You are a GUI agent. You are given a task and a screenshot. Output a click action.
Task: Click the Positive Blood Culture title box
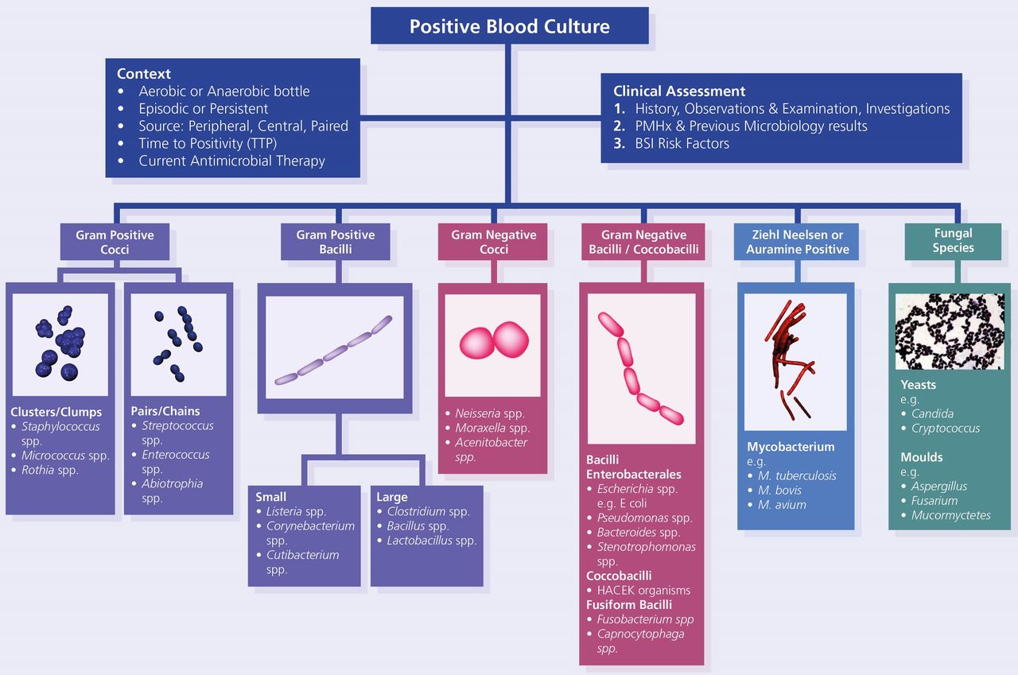click(510, 25)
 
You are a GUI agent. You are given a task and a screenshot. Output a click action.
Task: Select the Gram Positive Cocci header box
click(115, 242)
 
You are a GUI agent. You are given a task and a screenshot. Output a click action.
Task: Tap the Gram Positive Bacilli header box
click(336, 242)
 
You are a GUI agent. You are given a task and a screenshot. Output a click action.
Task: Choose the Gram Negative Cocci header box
click(492, 242)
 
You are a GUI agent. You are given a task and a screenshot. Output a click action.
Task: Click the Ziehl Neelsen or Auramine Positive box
click(796, 242)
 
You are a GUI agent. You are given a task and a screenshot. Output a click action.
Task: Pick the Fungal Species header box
click(953, 241)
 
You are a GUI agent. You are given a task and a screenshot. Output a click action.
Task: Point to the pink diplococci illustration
click(494, 340)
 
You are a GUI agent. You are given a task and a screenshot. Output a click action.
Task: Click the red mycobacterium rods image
click(791, 359)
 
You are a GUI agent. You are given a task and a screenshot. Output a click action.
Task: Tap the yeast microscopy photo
click(950, 332)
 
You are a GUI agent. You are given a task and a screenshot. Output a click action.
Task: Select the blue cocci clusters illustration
click(60, 343)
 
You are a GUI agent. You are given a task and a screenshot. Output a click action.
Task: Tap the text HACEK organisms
click(643, 590)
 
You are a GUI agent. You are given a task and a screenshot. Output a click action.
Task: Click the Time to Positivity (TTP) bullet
click(208, 144)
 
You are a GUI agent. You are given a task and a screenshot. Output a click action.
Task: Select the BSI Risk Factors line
click(682, 144)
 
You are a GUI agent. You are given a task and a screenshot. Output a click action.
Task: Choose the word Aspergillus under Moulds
click(939, 487)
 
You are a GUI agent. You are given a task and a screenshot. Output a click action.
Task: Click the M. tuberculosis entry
click(797, 475)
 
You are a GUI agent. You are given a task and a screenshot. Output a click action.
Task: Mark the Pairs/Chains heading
click(165, 411)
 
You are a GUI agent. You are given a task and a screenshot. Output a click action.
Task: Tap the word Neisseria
click(478, 413)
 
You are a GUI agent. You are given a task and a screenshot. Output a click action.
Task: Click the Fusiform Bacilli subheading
click(629, 604)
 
